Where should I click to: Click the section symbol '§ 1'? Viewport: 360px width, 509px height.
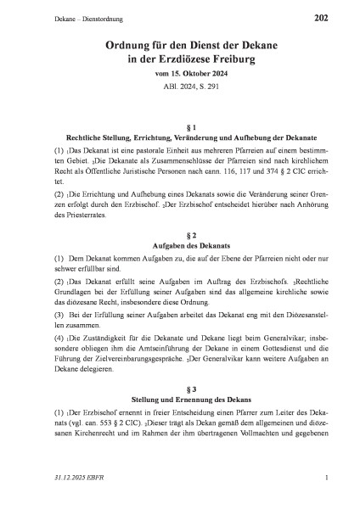coord(179,124)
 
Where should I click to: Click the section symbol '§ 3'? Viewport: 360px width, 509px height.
coord(179,389)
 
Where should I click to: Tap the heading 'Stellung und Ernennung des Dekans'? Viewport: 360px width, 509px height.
coord(179,402)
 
